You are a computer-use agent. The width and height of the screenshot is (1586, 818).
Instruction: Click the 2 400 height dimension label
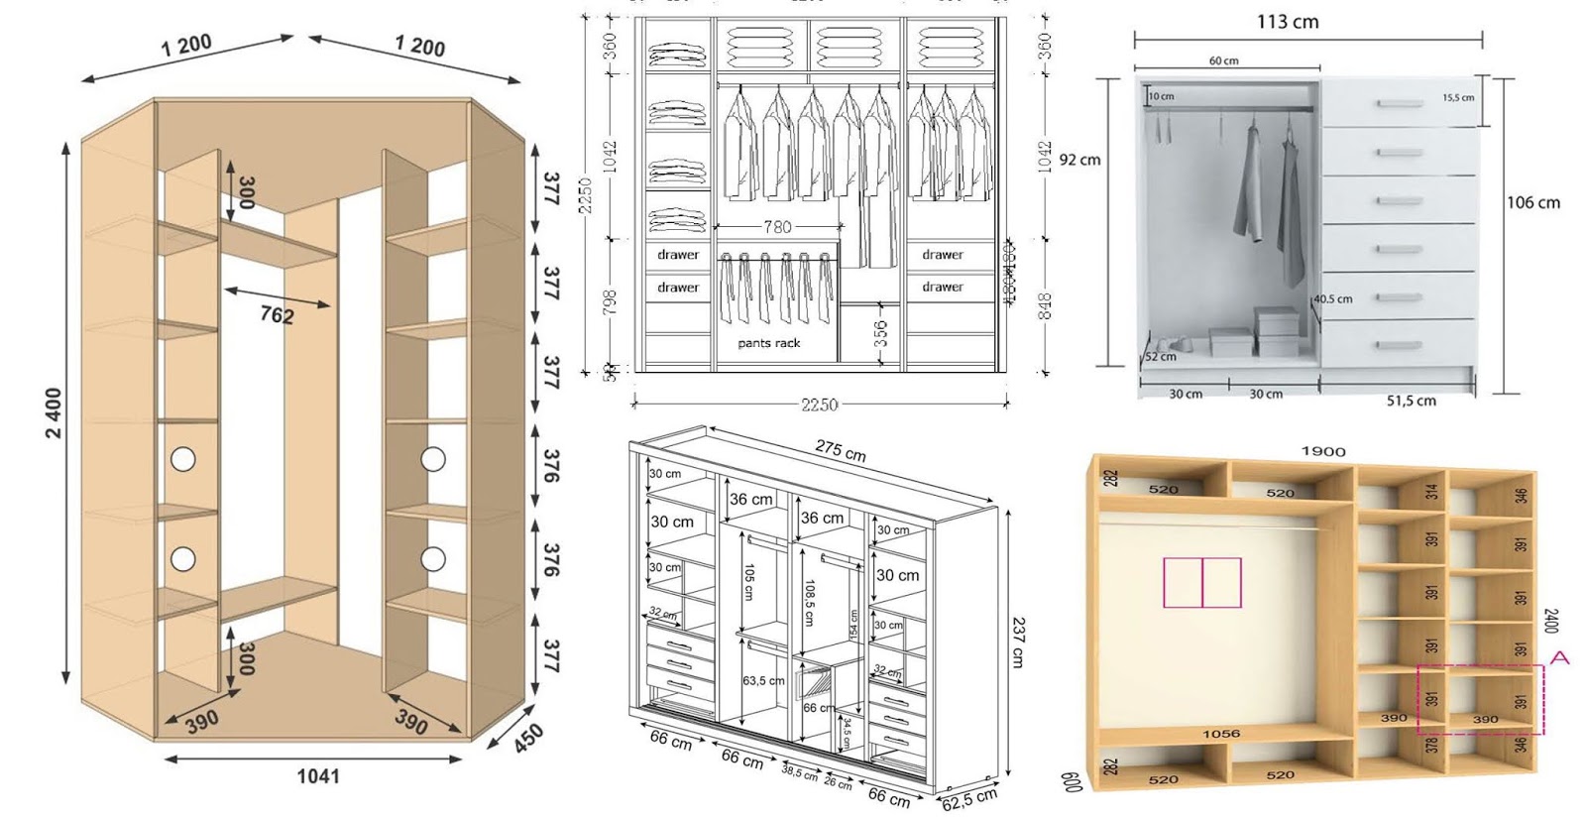pos(54,413)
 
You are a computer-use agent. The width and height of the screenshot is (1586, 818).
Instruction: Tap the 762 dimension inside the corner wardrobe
pos(277,314)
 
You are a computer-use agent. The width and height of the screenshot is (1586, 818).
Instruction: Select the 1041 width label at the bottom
pos(317,776)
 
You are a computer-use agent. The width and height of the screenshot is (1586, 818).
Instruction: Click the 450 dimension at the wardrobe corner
pos(527,738)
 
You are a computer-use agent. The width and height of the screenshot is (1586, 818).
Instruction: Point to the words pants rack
pos(768,343)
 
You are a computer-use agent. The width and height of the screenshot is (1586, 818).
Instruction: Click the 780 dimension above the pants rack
pos(777,227)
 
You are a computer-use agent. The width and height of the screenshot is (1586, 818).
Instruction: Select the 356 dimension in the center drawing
pos(881,332)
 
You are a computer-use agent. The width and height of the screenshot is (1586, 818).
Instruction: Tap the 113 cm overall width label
pos(1288,21)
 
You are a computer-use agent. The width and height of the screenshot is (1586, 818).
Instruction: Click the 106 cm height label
pos(1532,202)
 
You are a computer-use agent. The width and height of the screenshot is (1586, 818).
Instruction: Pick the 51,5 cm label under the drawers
pos(1411,401)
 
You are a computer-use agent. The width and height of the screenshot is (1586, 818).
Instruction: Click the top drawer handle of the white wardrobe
pos(1398,103)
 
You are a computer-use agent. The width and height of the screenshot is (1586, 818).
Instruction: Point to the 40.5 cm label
pos(1334,298)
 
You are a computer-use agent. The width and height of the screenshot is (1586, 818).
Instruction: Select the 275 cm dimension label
pos(841,451)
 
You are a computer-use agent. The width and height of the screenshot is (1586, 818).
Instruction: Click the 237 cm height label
pos(1018,642)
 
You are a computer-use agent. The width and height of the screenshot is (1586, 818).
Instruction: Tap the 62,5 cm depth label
pos(968,798)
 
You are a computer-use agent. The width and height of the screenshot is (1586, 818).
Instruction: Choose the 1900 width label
pos(1322,451)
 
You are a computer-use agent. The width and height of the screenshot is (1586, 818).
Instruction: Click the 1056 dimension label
pos(1220,734)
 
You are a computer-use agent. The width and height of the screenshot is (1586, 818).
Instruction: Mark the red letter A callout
pos(1559,657)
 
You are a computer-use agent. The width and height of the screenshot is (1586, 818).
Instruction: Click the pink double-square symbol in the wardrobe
pos(1201,582)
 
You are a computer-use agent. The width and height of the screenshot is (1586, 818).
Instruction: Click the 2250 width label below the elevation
pos(819,405)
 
